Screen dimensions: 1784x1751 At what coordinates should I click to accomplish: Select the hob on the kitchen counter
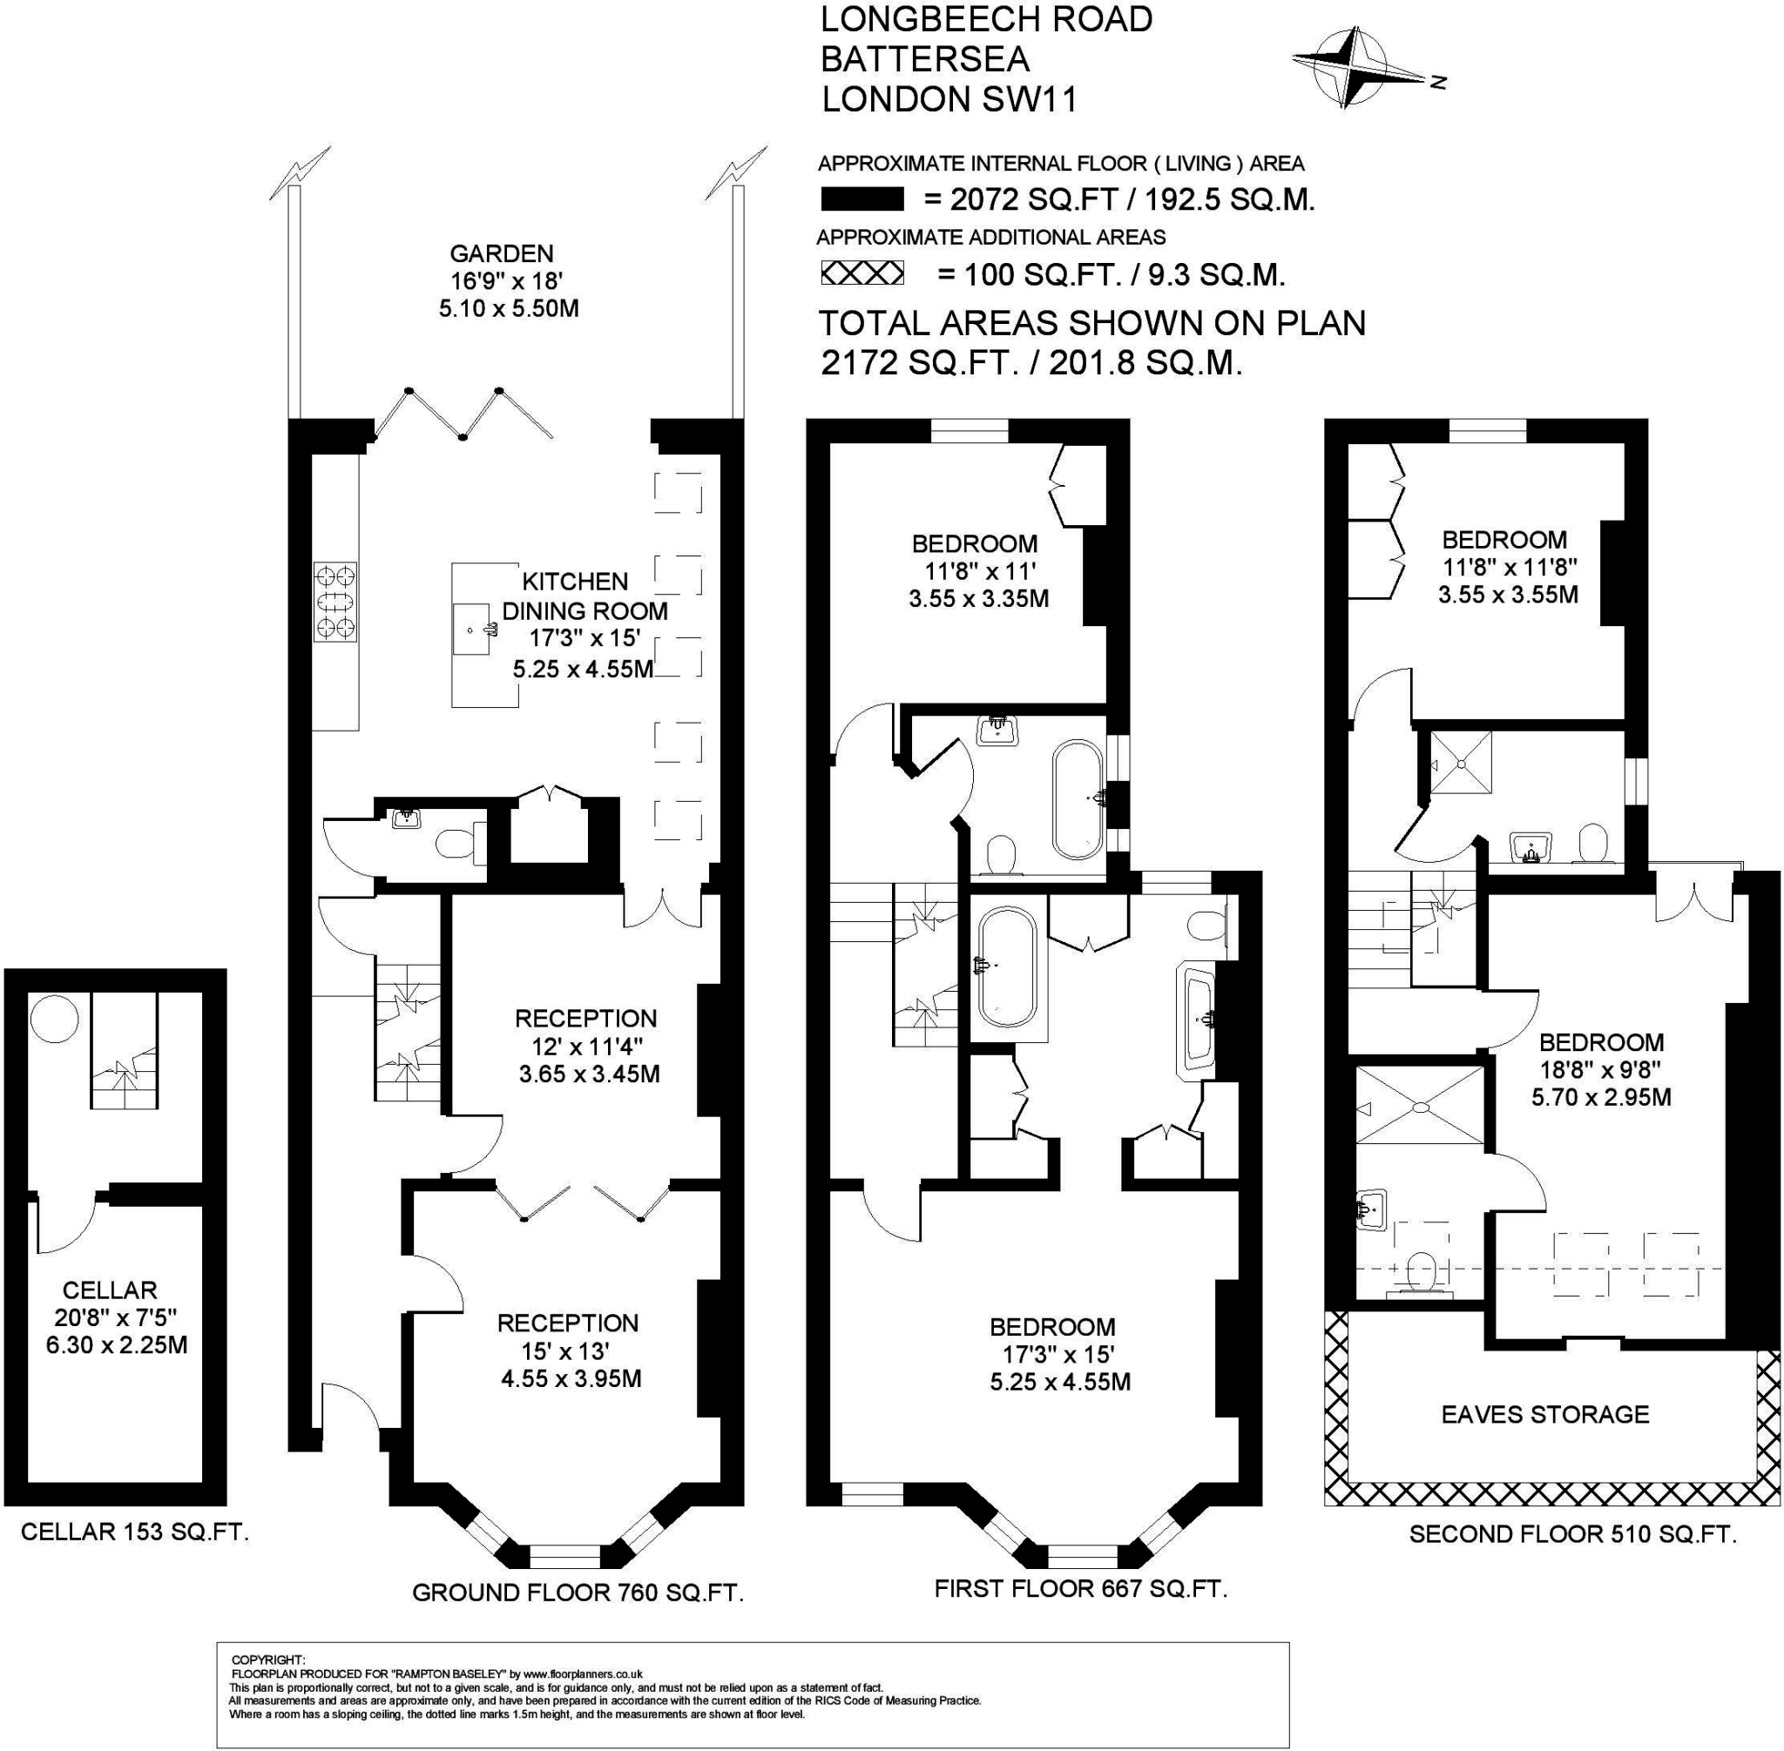coord(334,603)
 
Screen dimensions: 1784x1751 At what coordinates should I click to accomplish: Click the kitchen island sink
coord(473,630)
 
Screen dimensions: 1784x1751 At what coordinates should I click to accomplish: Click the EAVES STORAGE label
coord(1544,1414)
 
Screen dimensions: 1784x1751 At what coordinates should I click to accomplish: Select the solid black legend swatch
coord(862,199)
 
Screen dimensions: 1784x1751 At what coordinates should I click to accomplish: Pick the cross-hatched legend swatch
coord(862,273)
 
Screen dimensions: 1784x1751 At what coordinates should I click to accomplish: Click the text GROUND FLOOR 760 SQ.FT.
coord(578,1593)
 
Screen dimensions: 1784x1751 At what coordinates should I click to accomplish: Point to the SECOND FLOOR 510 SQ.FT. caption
coord(1573,1534)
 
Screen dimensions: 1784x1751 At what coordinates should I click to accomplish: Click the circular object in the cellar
coord(48,1020)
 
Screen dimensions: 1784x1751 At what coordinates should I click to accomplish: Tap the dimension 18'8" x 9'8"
coord(1601,1069)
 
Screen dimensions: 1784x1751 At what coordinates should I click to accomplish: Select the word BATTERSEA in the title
coord(924,59)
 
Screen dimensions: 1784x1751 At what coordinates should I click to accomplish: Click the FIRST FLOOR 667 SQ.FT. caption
coord(1081,1588)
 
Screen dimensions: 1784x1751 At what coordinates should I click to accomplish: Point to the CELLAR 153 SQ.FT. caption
coord(135,1532)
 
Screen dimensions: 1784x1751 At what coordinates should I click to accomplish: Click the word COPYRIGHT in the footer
coord(267,1660)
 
